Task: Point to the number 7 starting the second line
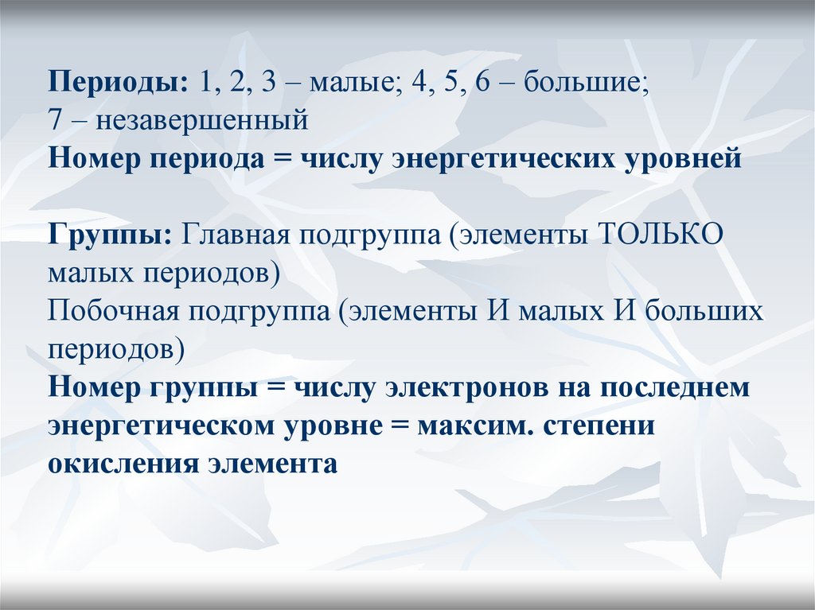coord(55,121)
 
